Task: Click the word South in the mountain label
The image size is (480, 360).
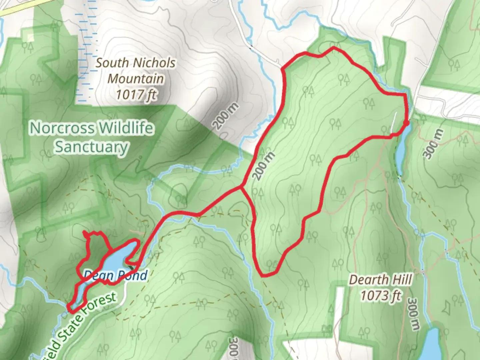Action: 112,63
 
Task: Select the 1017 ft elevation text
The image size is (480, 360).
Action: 136,95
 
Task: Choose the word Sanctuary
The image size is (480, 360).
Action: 91,147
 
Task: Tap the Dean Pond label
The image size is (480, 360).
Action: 115,275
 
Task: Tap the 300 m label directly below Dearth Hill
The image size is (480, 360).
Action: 413,314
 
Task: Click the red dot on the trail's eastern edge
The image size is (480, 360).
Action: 406,123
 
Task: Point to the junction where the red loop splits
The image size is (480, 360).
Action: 241,188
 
